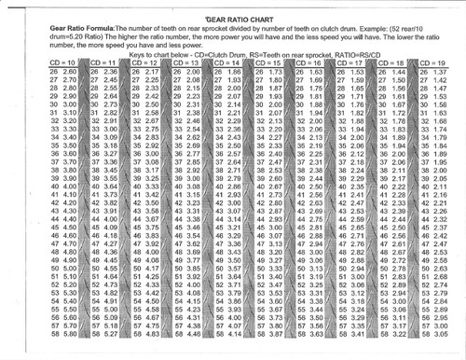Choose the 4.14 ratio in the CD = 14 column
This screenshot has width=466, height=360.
pyautogui.click(x=221, y=334)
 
